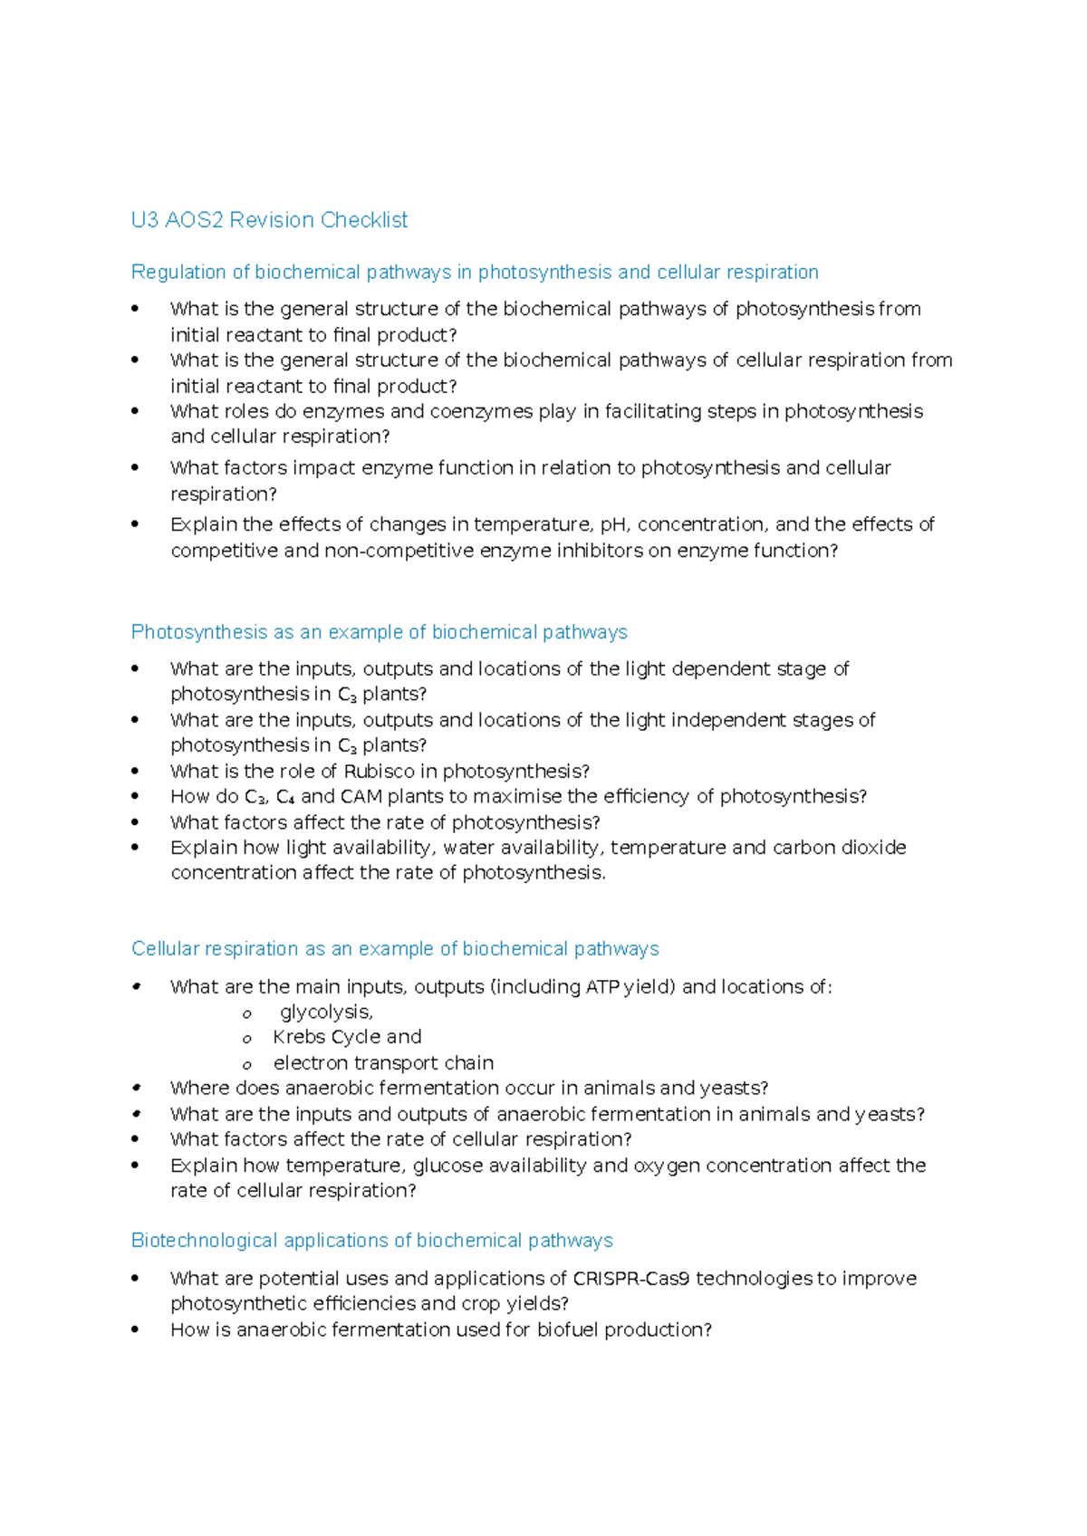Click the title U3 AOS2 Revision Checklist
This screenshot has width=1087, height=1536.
(269, 220)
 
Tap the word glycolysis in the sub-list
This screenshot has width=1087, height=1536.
(326, 1013)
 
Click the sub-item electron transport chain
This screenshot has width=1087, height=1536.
(383, 1063)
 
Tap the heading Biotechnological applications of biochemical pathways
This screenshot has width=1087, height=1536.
(371, 1241)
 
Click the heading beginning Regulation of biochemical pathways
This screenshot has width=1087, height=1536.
(474, 273)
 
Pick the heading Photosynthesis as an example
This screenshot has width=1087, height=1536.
(379, 632)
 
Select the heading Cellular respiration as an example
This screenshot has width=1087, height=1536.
(395, 949)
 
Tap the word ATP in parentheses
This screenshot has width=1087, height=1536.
(602, 987)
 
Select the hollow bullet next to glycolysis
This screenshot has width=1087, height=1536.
(246, 1014)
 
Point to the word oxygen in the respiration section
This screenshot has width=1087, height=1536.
(667, 1166)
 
